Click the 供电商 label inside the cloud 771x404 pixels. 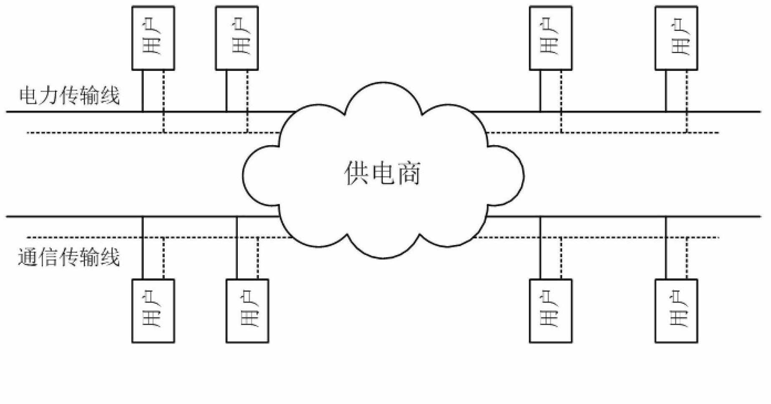tap(382, 173)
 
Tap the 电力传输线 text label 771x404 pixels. tap(69, 96)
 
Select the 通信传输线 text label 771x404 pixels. tap(69, 257)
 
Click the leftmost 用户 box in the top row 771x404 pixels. tap(153, 38)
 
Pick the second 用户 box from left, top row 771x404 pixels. tap(237, 38)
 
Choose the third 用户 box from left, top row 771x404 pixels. tap(550, 38)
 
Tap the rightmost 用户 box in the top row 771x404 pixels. tap(676, 38)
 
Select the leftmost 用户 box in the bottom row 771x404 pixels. tap(153, 311)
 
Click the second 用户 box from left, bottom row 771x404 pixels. tap(247, 311)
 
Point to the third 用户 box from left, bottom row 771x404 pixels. tap(550, 311)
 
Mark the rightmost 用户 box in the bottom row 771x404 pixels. tap(676, 311)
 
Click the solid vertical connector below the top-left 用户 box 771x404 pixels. tap(143, 91)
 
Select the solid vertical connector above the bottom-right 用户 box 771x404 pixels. tap(666, 248)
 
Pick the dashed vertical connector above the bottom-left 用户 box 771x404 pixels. tap(163, 258)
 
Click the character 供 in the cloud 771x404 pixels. tap(356, 173)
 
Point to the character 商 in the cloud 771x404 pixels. tap(409, 173)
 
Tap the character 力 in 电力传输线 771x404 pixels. tap(49, 96)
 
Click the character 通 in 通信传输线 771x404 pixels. tap(28, 257)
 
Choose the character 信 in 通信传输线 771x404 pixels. tap(49, 257)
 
